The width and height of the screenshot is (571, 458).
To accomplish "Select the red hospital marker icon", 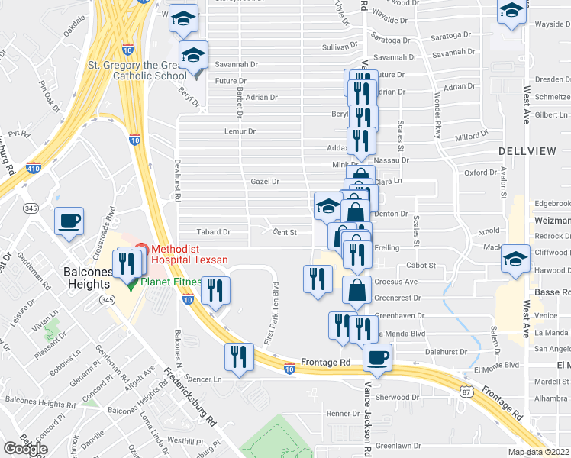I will coord(140,249).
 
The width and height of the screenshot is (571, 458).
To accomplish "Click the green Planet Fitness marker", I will coord(131,282).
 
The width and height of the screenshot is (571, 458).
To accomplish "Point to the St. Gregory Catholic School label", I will coord(137,70).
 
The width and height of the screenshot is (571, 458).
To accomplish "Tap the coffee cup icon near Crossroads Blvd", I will coord(69,221).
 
